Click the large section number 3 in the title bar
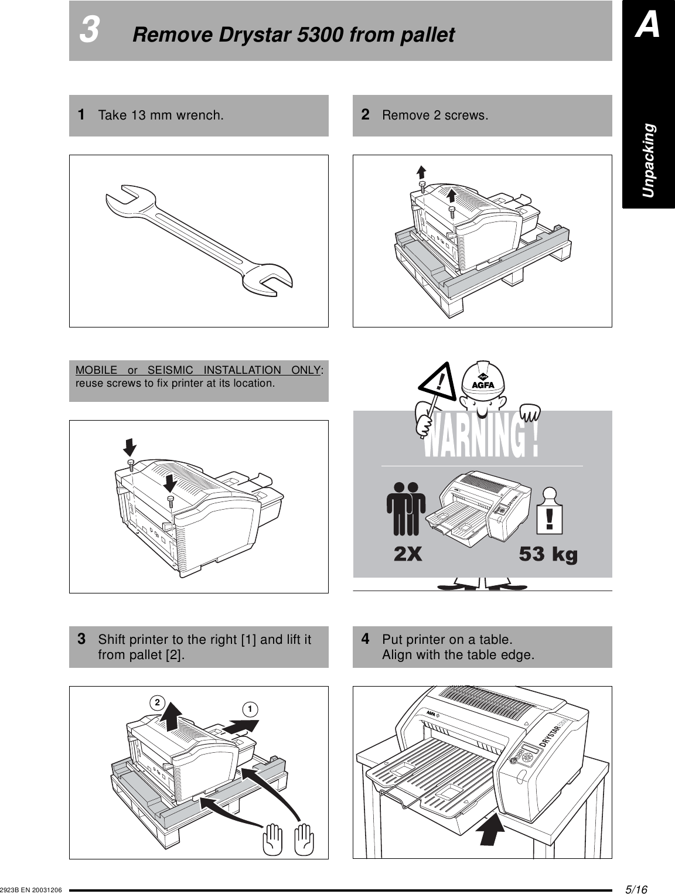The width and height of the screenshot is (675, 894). click(x=89, y=31)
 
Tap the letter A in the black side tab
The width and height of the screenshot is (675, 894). click(x=648, y=27)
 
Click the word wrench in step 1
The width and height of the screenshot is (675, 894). click(x=202, y=115)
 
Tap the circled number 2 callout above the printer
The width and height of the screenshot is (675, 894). click(x=156, y=702)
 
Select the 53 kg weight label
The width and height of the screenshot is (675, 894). click(x=548, y=554)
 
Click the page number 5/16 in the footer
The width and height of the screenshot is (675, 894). click(x=636, y=888)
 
